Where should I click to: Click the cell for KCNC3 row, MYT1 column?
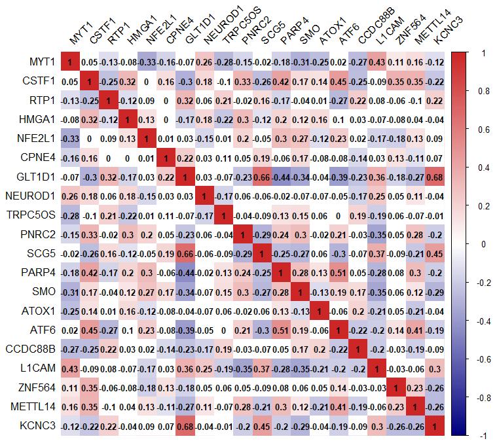70,428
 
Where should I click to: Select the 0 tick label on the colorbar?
479,244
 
